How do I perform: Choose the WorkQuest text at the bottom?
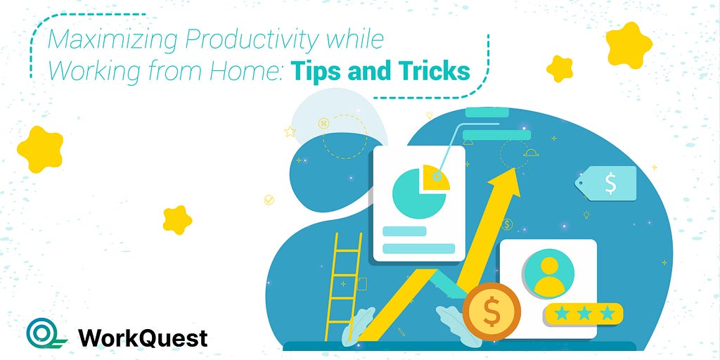click(x=143, y=338)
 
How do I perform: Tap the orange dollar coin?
click(x=491, y=311)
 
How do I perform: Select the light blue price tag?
click(x=606, y=184)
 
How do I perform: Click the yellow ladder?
click(x=343, y=287)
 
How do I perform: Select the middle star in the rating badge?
click(x=584, y=314)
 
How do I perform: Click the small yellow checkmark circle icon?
click(x=269, y=200)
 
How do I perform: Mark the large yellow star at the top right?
click(x=629, y=46)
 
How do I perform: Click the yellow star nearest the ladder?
click(x=177, y=220)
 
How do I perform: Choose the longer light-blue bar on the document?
click(x=418, y=248)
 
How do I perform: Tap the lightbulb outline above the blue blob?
click(x=430, y=115)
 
